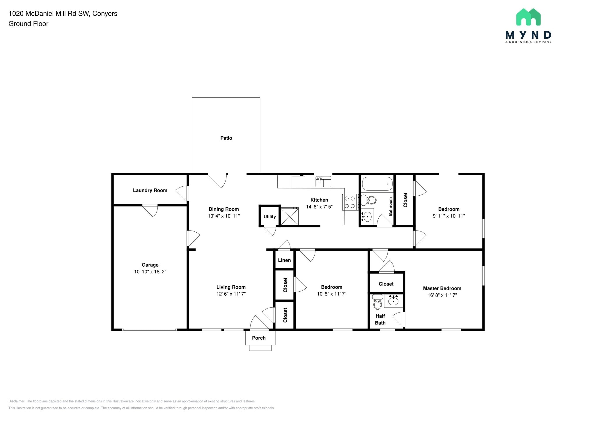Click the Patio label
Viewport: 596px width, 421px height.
pos(226,138)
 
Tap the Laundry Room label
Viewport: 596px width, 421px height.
pos(150,190)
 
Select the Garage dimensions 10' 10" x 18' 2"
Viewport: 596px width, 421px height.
pos(150,272)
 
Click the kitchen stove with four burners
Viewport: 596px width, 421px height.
pos(350,202)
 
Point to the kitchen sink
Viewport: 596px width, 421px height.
pos(323,182)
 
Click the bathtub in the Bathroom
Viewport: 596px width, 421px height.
pos(377,184)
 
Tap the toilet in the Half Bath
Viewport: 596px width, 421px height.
pos(378,302)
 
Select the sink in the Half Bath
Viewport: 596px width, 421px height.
pos(393,301)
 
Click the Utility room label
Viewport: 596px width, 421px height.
pos(270,217)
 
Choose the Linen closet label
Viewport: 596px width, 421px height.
pos(284,260)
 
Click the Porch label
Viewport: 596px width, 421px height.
pos(259,338)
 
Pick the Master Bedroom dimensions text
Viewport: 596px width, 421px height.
pos(442,295)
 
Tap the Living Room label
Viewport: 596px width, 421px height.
pos(231,287)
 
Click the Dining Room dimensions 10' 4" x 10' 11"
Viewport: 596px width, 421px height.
pos(224,216)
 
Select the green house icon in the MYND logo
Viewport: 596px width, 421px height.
pos(528,17)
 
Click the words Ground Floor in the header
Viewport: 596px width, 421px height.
pos(28,24)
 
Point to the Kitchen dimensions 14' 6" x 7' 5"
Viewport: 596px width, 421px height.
pos(319,207)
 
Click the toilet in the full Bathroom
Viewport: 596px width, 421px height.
pos(368,200)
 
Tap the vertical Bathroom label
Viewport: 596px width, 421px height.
pos(391,206)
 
